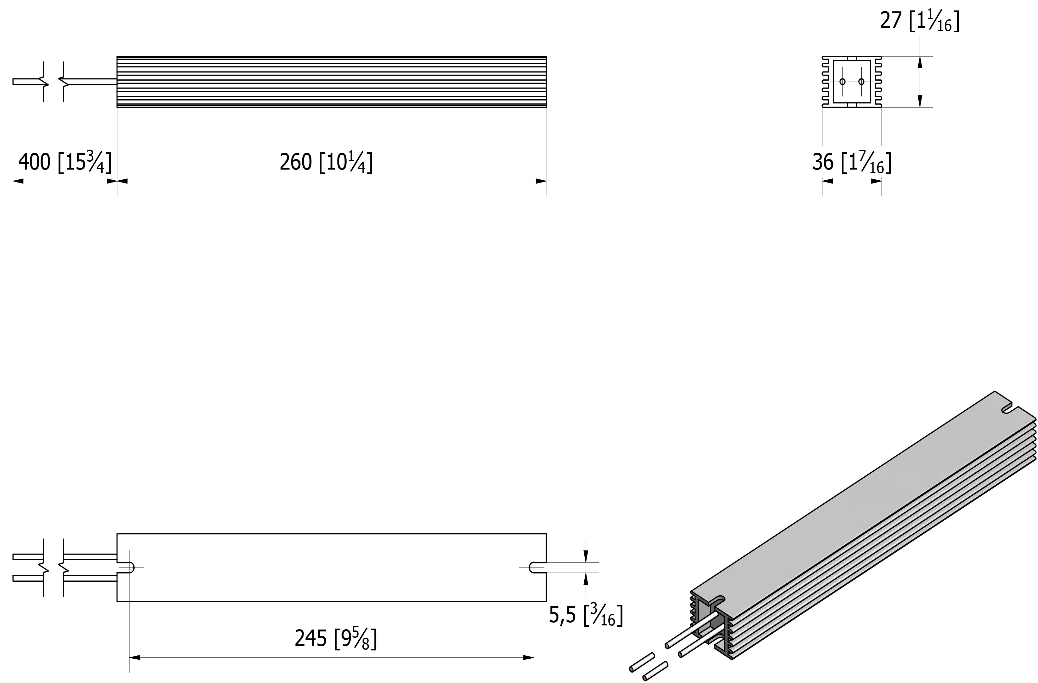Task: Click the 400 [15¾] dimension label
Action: coord(65,162)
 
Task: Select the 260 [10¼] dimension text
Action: coord(326,162)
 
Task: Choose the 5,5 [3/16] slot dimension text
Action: coord(586,615)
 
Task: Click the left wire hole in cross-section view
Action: coord(842,82)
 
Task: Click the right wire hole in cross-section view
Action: coord(861,82)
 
